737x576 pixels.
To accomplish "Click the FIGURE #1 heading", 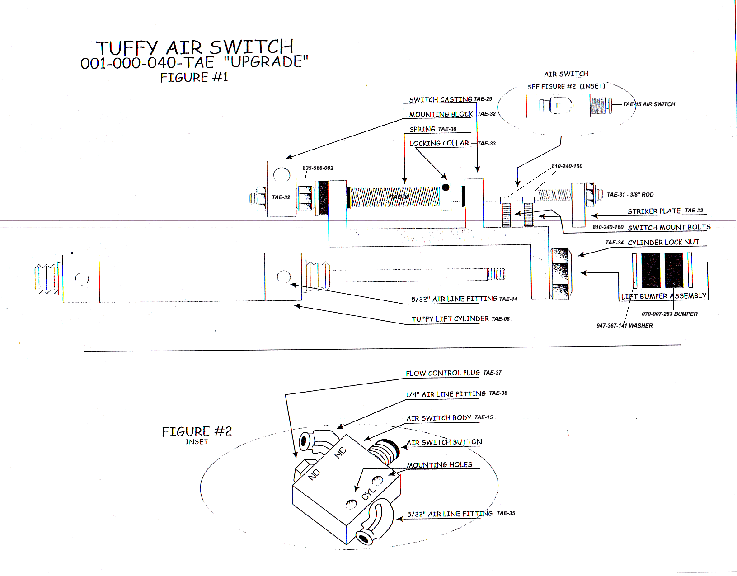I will pos(194,77).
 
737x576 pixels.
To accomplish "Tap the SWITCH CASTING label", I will pos(440,99).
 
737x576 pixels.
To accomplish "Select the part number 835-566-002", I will pos(318,168).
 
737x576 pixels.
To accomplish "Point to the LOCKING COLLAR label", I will pos(439,143).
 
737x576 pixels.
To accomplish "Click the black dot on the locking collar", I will pos(446,187).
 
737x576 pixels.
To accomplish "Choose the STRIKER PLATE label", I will pos(653,211).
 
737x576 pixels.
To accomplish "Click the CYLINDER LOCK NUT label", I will pos(663,242).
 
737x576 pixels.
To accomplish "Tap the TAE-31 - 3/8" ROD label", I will pos(630,195).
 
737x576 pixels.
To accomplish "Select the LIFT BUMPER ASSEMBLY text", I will pos(663,296).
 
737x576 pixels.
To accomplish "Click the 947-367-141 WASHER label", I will pos(624,326).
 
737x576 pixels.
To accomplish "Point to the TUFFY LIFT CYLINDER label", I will pos(450,319).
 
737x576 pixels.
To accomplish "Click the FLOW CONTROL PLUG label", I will pos(442,373).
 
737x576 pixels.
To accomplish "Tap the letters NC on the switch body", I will pos(340,452).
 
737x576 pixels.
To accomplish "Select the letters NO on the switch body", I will pos(315,474).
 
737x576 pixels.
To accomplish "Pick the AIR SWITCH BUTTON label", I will pos(445,442).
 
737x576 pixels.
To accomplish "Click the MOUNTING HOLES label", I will pos(439,465).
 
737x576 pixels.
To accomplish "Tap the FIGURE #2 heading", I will pos(197,431).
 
